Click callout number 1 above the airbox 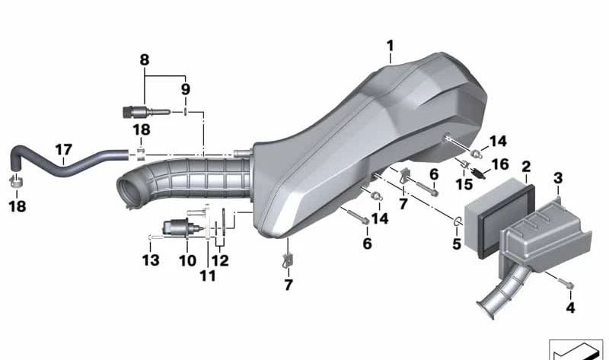390,46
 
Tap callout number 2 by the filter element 526,167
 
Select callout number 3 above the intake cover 558,178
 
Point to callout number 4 570,307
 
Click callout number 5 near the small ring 456,244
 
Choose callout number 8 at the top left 144,60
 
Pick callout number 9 186,89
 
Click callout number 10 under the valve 187,260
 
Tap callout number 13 151,260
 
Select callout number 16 500,164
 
